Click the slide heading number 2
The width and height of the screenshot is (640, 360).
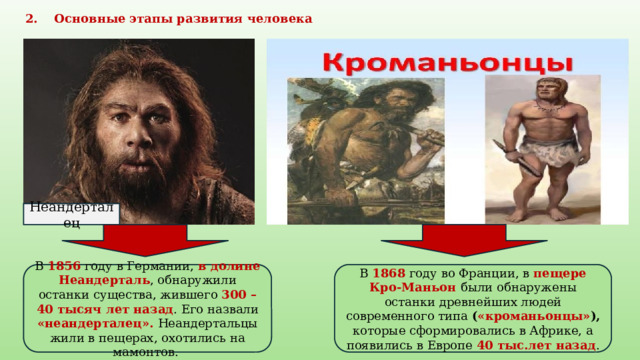coord(29,19)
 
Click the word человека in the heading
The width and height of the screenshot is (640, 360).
coord(281,19)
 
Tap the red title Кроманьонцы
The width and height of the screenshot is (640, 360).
coord(446,62)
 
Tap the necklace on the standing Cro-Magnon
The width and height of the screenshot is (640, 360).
coord(545,107)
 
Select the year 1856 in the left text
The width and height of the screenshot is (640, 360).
coord(65,267)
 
